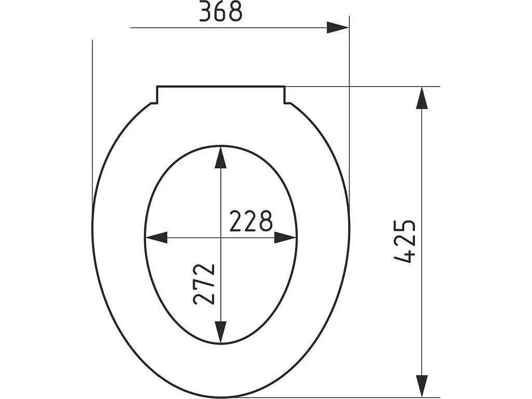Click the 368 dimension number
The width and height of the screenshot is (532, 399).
coord(220,11)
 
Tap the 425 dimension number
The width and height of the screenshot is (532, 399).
coord(404,241)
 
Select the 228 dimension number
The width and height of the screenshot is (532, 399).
coord(251,221)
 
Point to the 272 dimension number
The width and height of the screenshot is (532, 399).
coord(204,284)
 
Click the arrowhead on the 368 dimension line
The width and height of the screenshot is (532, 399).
coord(338,28)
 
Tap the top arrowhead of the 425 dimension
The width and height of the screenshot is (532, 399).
coord(422,98)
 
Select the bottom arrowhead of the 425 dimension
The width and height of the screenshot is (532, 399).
coord(422,385)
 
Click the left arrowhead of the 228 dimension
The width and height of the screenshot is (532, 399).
coord(156,237)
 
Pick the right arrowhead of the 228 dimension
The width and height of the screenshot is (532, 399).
coord(285,237)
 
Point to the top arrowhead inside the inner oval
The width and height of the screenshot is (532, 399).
coord(221,157)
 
